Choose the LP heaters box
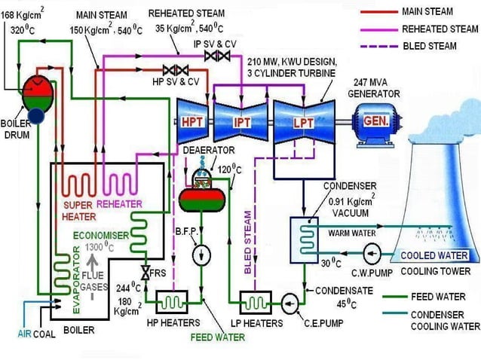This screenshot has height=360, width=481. coord(253,302)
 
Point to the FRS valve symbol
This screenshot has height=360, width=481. coord(143,273)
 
